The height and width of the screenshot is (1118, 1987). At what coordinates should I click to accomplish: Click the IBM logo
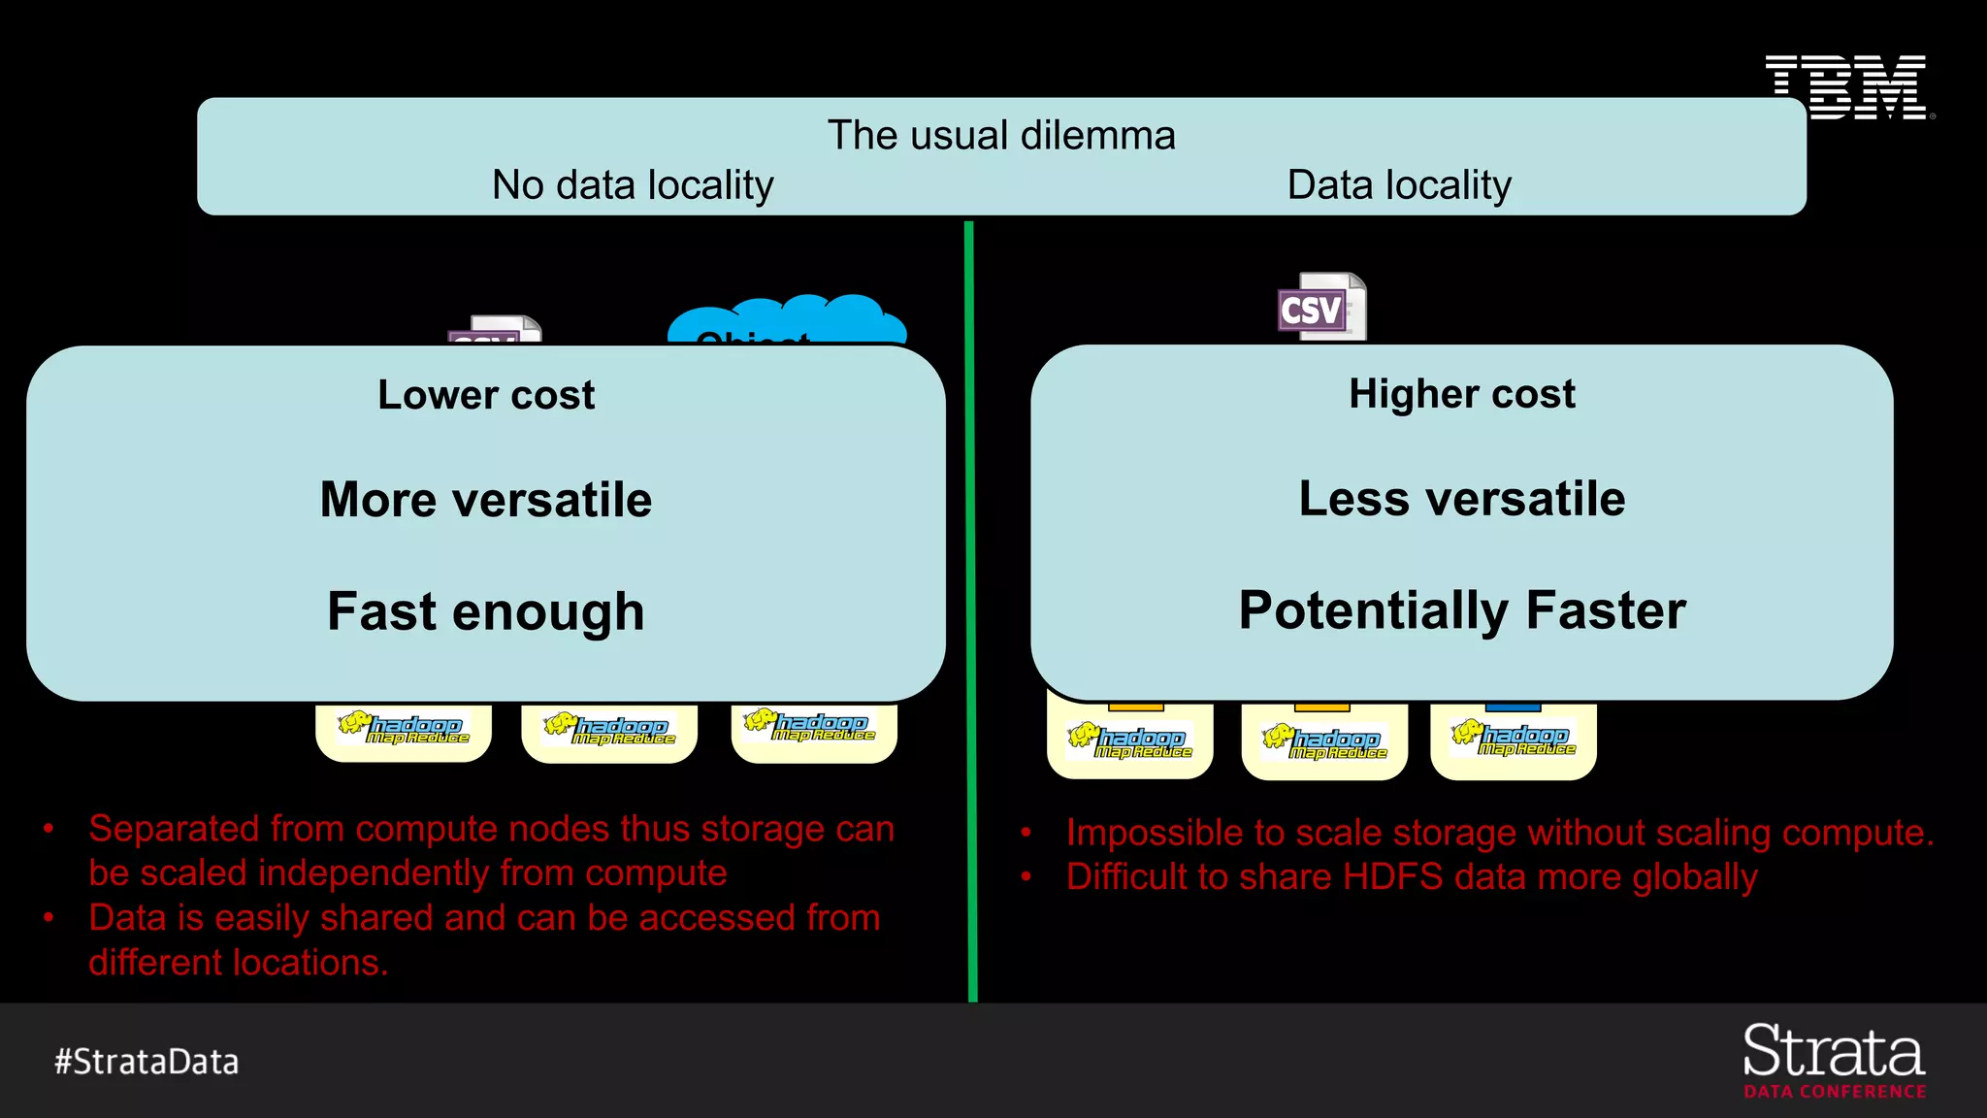(x=1846, y=87)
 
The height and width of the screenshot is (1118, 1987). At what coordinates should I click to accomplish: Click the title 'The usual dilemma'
(x=1000, y=135)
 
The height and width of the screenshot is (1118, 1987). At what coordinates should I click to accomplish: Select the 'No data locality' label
(x=633, y=184)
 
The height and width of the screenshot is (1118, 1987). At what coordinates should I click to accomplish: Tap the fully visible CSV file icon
(x=1320, y=308)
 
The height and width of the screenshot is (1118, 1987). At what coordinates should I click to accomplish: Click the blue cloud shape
(x=786, y=320)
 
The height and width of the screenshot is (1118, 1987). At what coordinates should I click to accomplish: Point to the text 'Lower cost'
(x=486, y=395)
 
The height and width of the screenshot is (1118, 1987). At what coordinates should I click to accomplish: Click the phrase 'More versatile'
(x=486, y=500)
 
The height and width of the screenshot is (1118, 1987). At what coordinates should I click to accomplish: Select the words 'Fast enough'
(x=486, y=611)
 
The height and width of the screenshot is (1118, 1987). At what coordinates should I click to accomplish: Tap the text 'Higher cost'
(x=1461, y=394)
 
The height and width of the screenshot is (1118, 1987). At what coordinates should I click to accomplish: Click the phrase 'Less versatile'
(x=1461, y=499)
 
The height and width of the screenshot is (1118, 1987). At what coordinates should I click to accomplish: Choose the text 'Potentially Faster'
(x=1461, y=610)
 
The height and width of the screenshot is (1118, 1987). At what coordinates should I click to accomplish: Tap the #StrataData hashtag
(x=147, y=1062)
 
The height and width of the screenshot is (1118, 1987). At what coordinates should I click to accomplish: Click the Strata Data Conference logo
(x=1834, y=1060)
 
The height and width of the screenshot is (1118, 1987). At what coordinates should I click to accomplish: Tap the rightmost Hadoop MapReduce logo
(x=1514, y=740)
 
